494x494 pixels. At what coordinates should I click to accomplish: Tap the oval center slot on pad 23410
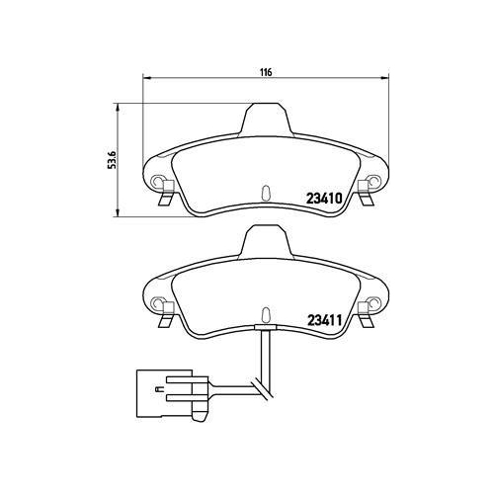pos(265,193)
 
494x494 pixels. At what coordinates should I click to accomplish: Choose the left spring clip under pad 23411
pos(165,320)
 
